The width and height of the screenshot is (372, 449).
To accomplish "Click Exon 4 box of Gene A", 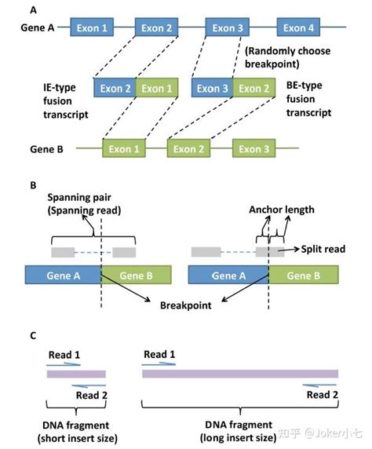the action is point(298,27).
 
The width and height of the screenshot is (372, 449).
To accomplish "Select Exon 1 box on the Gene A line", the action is point(92,27).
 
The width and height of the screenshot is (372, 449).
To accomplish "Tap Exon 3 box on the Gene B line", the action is point(253,148).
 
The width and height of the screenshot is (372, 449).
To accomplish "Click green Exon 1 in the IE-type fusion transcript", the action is point(157,88).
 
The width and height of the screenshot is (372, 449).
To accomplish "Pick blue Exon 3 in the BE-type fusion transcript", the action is point(212,88).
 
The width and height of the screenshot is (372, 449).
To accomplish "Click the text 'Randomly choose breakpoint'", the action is point(287,57).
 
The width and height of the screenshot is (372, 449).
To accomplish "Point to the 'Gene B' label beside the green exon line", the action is point(46,149).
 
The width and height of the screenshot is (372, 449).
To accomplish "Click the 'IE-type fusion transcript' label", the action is point(66,101).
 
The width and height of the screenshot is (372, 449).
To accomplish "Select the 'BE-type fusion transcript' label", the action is point(308,99).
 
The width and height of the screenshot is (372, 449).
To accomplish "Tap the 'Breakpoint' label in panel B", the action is point(185,305).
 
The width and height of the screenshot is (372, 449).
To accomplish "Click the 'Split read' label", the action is point(323,249).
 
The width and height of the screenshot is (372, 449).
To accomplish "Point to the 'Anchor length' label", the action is point(282,210).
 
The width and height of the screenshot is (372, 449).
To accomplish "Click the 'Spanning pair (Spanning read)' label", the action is point(84,204).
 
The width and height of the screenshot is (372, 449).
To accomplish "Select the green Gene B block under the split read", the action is point(304,275).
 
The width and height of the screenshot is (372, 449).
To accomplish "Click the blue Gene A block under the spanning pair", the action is point(63,275).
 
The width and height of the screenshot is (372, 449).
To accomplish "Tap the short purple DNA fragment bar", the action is point(76,374).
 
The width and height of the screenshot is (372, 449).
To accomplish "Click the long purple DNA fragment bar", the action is point(240,374).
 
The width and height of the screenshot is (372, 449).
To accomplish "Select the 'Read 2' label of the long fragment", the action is point(323,395).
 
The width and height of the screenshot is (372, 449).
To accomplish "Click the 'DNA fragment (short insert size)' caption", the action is point(78,432).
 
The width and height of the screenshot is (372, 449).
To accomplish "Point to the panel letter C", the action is point(33,335).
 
